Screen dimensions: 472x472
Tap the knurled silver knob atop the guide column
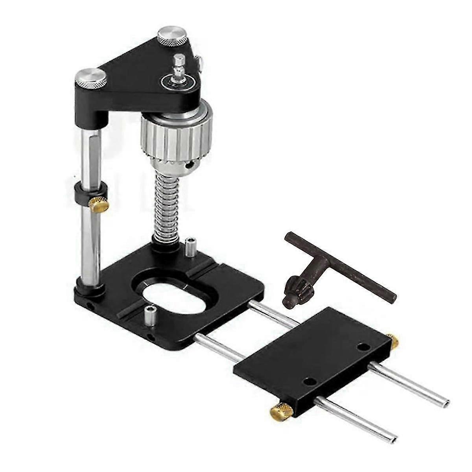point(91,78)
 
